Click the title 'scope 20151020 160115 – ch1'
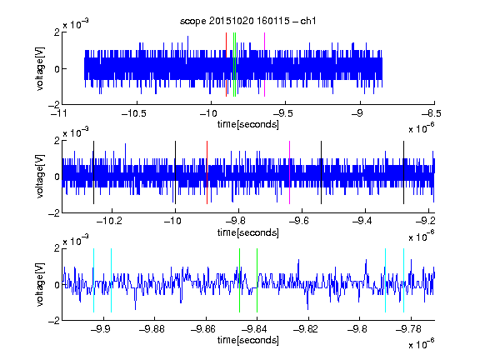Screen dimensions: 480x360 pyautogui.click(x=247, y=21)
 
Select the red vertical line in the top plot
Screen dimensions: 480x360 pyautogui.click(x=226, y=65)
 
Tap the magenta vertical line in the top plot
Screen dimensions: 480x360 pyautogui.click(x=264, y=65)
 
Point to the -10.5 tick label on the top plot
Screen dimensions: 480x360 pyautogui.click(x=134, y=114)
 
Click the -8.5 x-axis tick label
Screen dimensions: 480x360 pyautogui.click(x=431, y=114)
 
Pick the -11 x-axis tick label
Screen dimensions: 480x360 pyautogui.click(x=59, y=114)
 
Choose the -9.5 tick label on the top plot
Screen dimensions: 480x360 pyautogui.click(x=282, y=114)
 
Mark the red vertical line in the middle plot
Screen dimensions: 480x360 pyautogui.click(x=207, y=172)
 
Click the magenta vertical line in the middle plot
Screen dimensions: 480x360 pyautogui.click(x=290, y=172)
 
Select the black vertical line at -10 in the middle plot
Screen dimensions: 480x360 pyautogui.click(x=175, y=172)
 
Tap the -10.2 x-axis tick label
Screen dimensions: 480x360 pyautogui.click(x=109, y=221)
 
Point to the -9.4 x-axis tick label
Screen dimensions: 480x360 pyautogui.click(x=362, y=221)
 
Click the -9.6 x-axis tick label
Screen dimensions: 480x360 pyautogui.click(x=299, y=221)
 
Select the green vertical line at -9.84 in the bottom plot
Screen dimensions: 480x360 pyautogui.click(x=257, y=280)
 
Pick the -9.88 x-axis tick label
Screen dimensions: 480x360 pyautogui.click(x=152, y=329)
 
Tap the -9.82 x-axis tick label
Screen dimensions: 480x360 pyautogui.click(x=306, y=329)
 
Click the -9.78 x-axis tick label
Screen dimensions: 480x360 pyautogui.click(x=408, y=329)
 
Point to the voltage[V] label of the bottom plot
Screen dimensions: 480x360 pyautogui.click(x=40, y=284)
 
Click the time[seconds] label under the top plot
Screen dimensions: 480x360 pyautogui.click(x=248, y=125)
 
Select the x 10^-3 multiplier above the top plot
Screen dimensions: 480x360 pyautogui.click(x=76, y=24)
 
